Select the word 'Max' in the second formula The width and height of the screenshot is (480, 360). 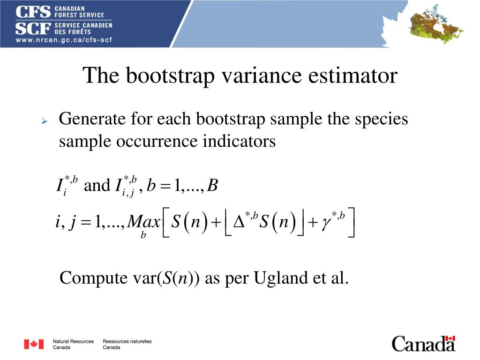[x=143, y=221]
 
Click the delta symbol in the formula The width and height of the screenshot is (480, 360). [x=239, y=222]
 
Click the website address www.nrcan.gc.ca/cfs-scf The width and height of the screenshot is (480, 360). [x=63, y=39]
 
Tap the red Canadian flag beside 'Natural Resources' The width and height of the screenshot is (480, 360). [x=34, y=345]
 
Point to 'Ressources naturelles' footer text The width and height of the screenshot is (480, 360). [x=127, y=342]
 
